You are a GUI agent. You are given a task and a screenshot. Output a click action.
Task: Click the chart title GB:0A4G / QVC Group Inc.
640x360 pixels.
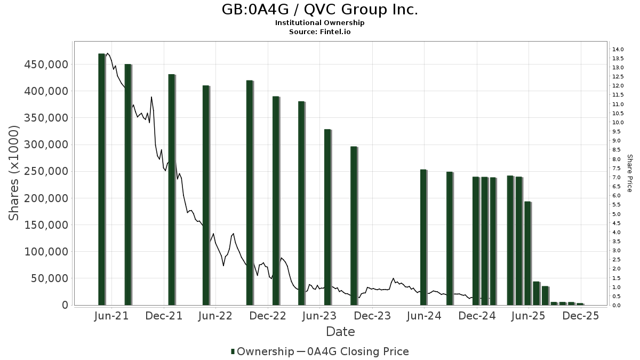click(x=319, y=10)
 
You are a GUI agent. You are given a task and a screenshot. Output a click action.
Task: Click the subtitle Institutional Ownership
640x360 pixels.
click(x=319, y=23)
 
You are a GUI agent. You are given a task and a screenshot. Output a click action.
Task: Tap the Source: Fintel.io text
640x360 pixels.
click(x=319, y=32)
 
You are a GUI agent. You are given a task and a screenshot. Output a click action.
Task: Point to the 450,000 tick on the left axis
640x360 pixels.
click(x=46, y=65)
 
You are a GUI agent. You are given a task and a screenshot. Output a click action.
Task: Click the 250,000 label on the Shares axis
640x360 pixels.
click(x=46, y=171)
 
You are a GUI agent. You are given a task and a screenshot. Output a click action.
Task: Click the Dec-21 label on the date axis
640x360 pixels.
click(x=164, y=316)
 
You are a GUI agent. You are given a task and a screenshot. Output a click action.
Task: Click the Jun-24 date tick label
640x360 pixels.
click(x=425, y=316)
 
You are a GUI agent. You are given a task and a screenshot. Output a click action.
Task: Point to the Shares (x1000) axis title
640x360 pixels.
click(x=14, y=173)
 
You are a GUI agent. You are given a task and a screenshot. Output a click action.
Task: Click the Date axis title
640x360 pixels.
click(x=340, y=332)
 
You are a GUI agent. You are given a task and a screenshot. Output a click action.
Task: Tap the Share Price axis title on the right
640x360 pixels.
click(x=629, y=173)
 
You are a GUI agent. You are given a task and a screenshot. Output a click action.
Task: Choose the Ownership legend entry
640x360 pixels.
click(x=262, y=351)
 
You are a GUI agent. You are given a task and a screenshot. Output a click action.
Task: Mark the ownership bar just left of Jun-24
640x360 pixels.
click(x=423, y=237)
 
